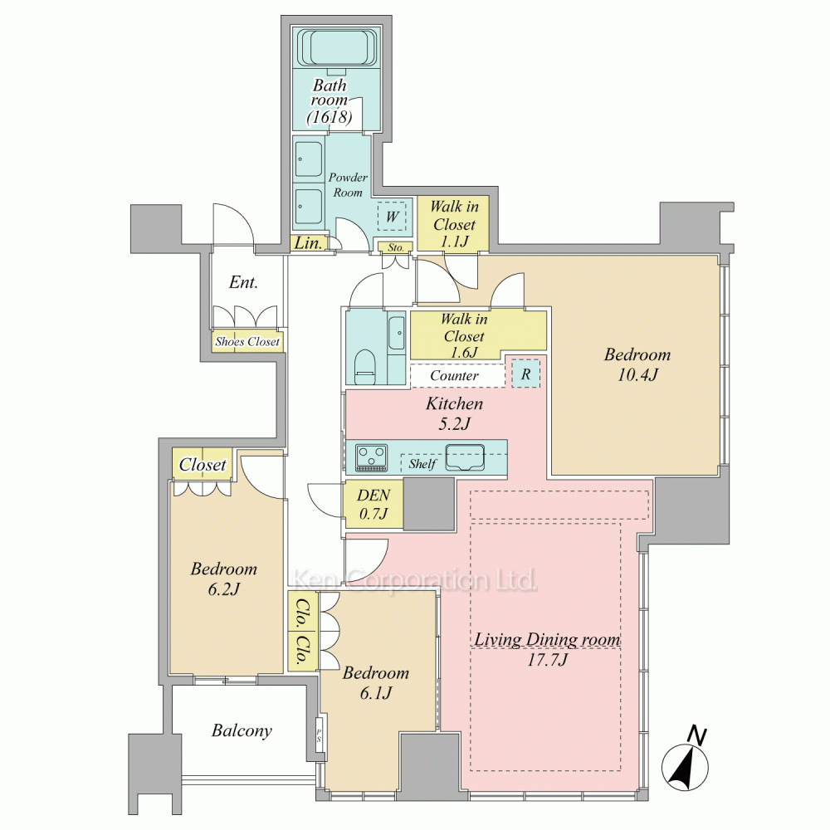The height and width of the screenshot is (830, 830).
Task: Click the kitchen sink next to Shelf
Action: (x=466, y=457)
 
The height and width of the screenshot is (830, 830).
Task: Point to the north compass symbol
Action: (x=686, y=759)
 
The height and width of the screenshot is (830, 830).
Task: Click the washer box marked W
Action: (x=392, y=216)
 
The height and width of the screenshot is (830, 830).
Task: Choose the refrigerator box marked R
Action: (x=525, y=373)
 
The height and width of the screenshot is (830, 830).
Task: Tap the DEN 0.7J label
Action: (x=373, y=504)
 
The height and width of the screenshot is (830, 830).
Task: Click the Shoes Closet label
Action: (x=247, y=341)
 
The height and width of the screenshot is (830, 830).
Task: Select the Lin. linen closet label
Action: (x=308, y=243)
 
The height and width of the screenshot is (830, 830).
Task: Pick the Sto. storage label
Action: (x=395, y=247)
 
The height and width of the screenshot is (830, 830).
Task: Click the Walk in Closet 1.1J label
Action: (x=454, y=223)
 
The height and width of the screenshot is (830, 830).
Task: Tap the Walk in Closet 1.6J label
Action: (x=464, y=335)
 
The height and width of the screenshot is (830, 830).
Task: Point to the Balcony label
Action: (x=242, y=730)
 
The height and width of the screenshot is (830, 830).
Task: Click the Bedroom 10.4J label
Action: (x=637, y=364)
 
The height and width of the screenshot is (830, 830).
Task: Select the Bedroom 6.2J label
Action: (x=224, y=578)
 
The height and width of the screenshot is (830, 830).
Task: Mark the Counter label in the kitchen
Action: (x=454, y=375)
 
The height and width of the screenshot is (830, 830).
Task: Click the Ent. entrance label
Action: (x=243, y=282)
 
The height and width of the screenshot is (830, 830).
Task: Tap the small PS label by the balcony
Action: (x=320, y=735)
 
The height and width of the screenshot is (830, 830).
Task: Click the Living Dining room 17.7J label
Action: (x=547, y=649)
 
